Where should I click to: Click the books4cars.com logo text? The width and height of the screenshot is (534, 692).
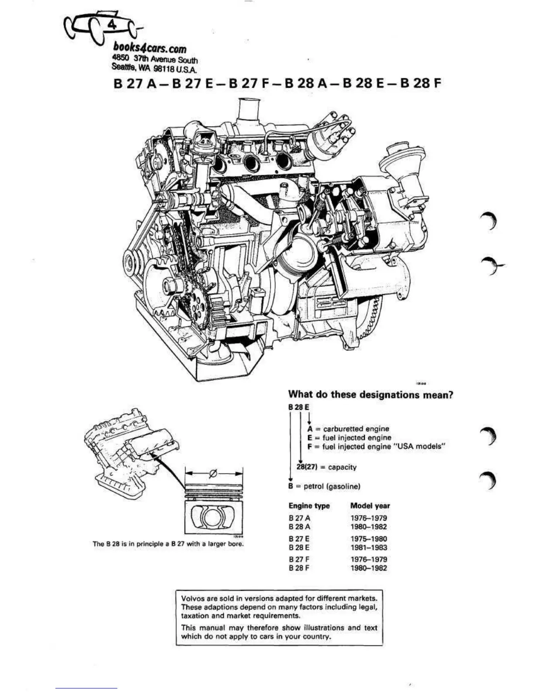pyautogui.click(x=150, y=48)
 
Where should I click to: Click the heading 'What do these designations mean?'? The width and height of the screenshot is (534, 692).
pyautogui.click(x=370, y=394)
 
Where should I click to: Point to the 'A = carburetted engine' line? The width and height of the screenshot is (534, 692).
pyautogui.click(x=348, y=429)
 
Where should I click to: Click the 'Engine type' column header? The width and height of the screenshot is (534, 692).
pyautogui.click(x=309, y=506)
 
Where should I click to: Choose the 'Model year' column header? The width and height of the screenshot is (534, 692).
pyautogui.click(x=370, y=506)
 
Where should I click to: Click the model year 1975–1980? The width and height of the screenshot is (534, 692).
pyautogui.click(x=368, y=539)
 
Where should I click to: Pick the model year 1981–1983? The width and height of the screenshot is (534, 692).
pyautogui.click(x=368, y=547)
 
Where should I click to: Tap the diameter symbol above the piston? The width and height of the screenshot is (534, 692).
pyautogui.click(x=213, y=473)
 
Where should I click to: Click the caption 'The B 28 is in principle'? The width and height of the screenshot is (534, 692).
pyautogui.click(x=168, y=544)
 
